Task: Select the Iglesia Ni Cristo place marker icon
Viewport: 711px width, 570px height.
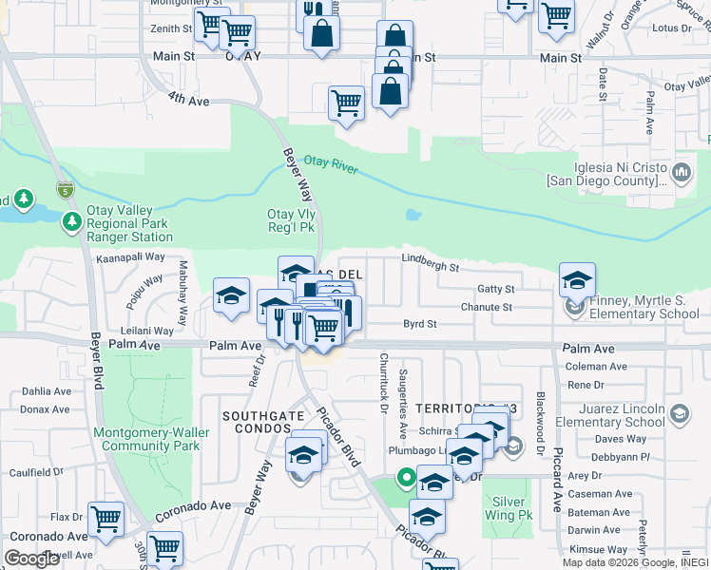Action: [x=681, y=172]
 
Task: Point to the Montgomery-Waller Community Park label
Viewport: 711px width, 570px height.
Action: [x=146, y=438]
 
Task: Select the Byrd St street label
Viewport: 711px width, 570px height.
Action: [x=419, y=324]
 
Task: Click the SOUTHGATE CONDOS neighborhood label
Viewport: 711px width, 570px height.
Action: [x=263, y=423]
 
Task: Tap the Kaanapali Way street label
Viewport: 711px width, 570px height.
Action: [x=129, y=256]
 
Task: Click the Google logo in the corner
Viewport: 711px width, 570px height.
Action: [x=31, y=559]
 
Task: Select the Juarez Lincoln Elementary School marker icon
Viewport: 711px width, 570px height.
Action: [x=681, y=413]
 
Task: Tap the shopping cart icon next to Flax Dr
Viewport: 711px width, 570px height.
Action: [x=106, y=520]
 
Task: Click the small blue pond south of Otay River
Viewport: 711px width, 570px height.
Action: [x=413, y=215]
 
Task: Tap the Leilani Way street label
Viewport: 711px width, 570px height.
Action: [x=148, y=331]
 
